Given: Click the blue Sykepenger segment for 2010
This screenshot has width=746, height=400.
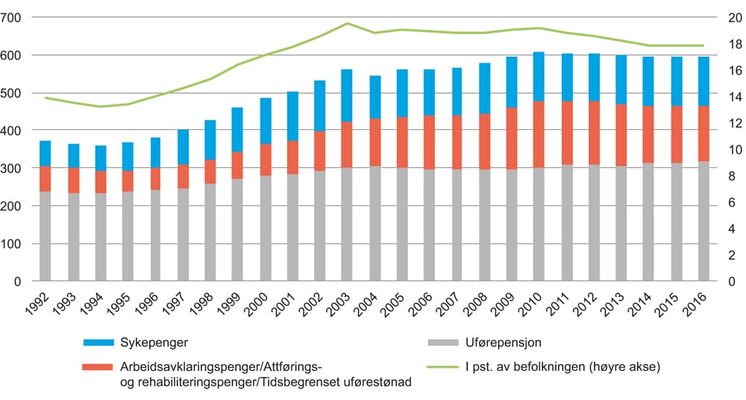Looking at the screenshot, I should [x=538, y=76].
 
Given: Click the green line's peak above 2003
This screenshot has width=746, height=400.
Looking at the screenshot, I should [x=347, y=23].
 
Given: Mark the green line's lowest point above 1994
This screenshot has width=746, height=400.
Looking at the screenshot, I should [x=101, y=107].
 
